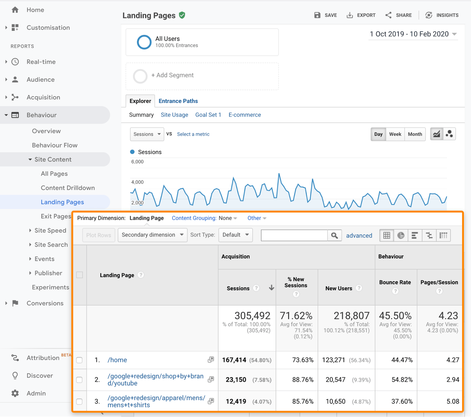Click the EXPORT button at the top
point(361,15)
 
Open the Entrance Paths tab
point(178,101)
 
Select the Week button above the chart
point(395,134)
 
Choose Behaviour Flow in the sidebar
point(55,145)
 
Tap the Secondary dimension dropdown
point(152,235)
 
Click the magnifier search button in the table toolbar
point(334,235)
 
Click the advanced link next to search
point(359,235)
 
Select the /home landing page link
point(117,360)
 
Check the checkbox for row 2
point(79,380)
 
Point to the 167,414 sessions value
point(234,360)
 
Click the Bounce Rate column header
point(395,282)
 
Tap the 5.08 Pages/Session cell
point(452,401)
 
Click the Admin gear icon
point(15,393)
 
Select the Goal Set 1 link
point(208,115)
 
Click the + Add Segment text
point(172,75)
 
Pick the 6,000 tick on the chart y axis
point(137,162)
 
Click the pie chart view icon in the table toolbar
point(401,235)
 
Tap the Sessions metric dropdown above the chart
point(147,134)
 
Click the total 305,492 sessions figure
point(252,316)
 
